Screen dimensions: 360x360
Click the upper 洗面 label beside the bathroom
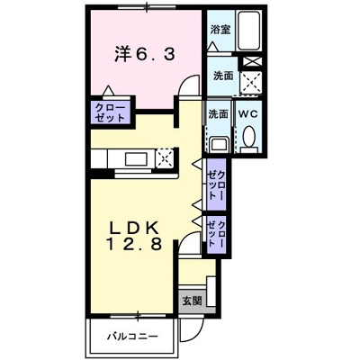coord(222,76)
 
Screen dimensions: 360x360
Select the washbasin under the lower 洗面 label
coord(218,142)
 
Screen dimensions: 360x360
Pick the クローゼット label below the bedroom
coord(108,113)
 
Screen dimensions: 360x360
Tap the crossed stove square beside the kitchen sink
coord(166,159)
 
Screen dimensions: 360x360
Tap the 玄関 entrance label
coord(192,300)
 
